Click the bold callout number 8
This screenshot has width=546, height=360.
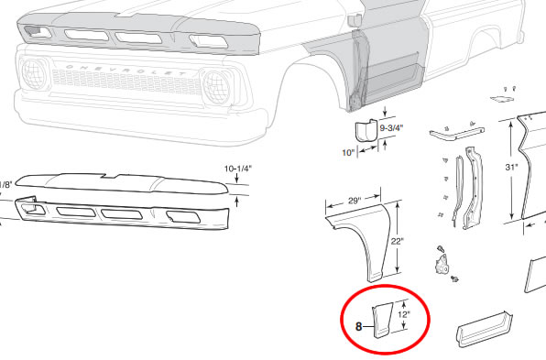pyautogui.click(x=359, y=327)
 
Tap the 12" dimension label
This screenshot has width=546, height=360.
pyautogui.click(x=404, y=315)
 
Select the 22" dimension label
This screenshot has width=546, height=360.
pyautogui.click(x=397, y=241)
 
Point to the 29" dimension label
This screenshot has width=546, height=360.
pyautogui.click(x=355, y=201)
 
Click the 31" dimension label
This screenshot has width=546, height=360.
pyautogui.click(x=511, y=168)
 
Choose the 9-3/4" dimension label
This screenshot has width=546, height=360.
pyautogui.click(x=391, y=128)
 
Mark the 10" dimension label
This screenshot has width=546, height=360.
pyautogui.click(x=348, y=153)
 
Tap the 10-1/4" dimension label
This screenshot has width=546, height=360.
pyautogui.click(x=238, y=169)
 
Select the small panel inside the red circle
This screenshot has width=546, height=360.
pyautogui.click(x=382, y=321)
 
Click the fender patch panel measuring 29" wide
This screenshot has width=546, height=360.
pyautogui.click(x=359, y=240)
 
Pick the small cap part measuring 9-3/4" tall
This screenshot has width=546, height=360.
pyautogui.click(x=366, y=131)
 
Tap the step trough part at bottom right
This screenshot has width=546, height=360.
pyautogui.click(x=485, y=328)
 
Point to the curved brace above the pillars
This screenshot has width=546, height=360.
pyautogui.click(x=457, y=134)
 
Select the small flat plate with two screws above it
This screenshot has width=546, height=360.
pyautogui.click(x=502, y=99)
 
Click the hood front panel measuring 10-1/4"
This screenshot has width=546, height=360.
pyautogui.click(x=122, y=183)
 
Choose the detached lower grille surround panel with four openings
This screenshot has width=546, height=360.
pyautogui.click(x=123, y=213)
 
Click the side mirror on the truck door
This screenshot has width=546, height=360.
pyautogui.click(x=355, y=20)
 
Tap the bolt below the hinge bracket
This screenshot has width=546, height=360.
pyautogui.click(x=453, y=278)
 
